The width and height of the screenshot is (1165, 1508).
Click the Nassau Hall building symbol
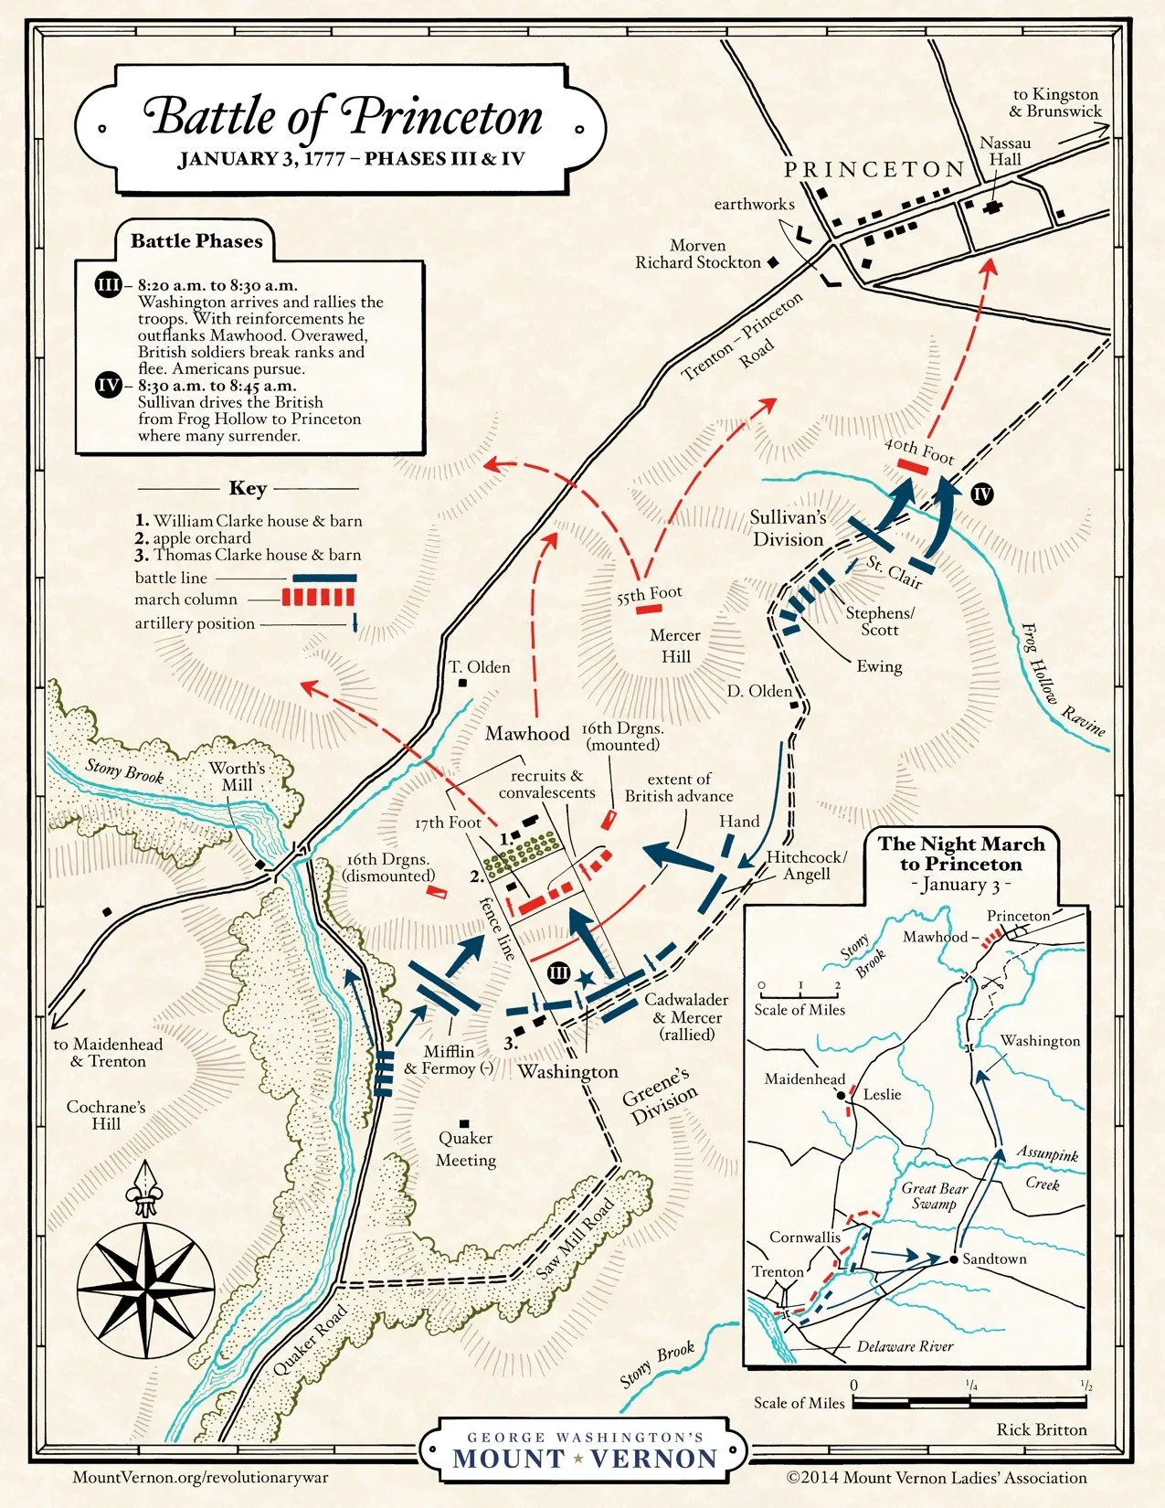(992, 207)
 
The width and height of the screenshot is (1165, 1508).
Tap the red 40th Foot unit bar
(913, 467)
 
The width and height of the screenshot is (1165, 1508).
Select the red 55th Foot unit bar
(649, 609)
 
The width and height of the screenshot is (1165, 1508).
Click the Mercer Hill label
(675, 645)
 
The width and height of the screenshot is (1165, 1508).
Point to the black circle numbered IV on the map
(982, 494)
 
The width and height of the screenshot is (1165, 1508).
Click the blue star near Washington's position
(585, 978)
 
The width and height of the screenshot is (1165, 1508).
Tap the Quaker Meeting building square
(464, 1123)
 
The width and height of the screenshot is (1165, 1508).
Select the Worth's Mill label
(237, 776)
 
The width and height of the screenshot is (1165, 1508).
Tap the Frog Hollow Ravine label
(1060, 680)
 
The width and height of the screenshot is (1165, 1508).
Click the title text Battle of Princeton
(343, 117)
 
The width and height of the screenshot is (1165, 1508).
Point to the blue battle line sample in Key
(323, 579)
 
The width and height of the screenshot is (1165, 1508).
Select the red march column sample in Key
(317, 599)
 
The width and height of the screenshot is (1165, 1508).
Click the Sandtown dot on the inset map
(953, 1258)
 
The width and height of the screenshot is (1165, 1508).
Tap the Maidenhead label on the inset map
(805, 1079)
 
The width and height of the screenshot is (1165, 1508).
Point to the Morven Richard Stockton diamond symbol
(773, 262)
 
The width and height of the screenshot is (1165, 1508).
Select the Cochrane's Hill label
(106, 1115)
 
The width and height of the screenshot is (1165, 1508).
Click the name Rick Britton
(1042, 1429)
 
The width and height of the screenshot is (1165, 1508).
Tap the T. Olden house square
(462, 683)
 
